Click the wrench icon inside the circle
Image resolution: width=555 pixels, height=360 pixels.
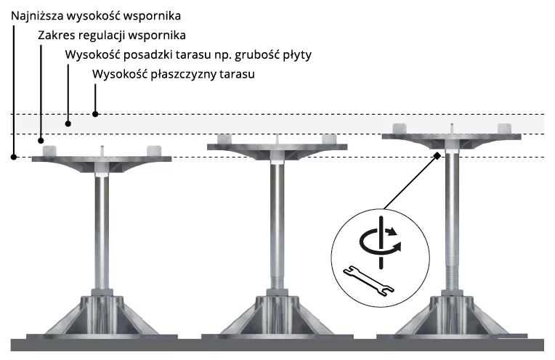pyautogui.click(x=368, y=281)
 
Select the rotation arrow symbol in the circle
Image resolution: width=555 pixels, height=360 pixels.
pyautogui.click(x=381, y=242)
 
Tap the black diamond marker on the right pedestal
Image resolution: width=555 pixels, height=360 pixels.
pyautogui.click(x=437, y=155)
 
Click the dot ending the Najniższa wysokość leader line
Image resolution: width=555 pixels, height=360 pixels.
pyautogui.click(x=14, y=157)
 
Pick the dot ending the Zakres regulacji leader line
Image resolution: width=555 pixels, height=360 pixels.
pyautogui.click(x=41, y=141)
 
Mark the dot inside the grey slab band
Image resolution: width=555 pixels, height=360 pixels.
pyautogui.click(x=68, y=124)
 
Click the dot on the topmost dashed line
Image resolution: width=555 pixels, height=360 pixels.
pyautogui.click(x=95, y=114)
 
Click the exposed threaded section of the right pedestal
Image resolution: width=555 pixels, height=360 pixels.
pyautogui.click(x=452, y=273)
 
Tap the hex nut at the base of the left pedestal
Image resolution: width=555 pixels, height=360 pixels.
pyautogui.click(x=102, y=292)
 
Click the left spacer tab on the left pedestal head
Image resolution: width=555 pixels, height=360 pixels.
pyautogui.click(x=49, y=151)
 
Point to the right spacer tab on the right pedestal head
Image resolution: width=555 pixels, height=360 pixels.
pyautogui.click(x=504, y=128)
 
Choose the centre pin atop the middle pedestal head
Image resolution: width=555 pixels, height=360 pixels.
pyautogui.click(x=277, y=139)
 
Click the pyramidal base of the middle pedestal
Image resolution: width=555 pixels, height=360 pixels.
pyautogui.click(x=277, y=316)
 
